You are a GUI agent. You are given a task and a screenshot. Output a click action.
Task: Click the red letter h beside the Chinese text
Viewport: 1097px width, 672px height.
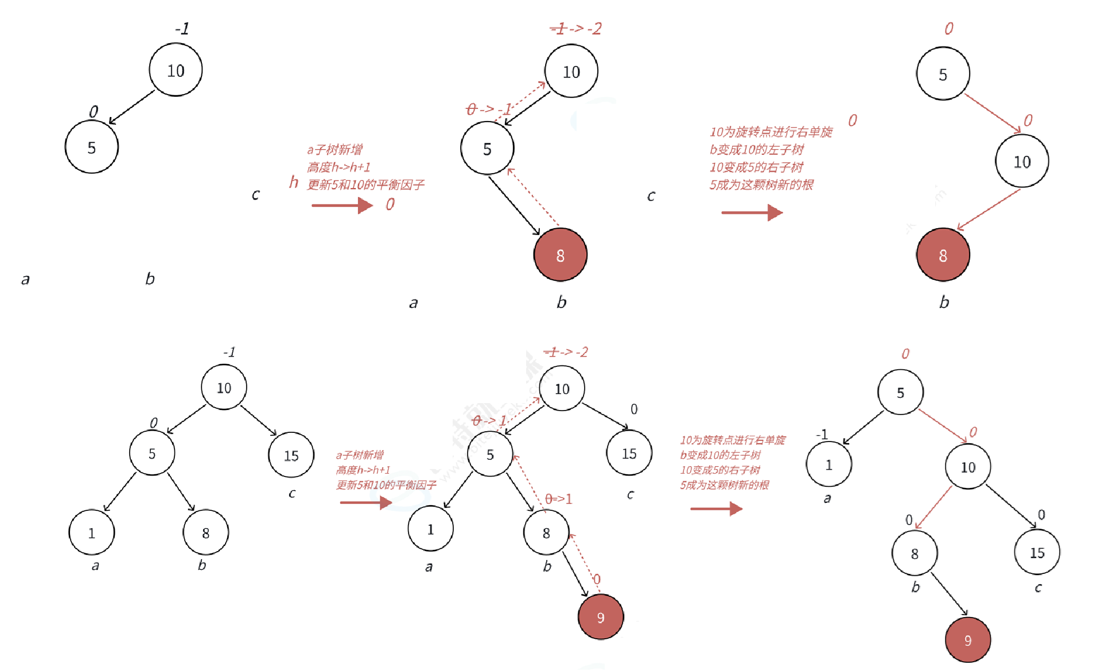(293, 182)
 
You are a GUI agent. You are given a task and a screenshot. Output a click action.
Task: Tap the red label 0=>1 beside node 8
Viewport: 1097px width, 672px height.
(558, 499)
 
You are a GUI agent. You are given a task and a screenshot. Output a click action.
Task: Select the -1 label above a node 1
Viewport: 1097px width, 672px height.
(822, 434)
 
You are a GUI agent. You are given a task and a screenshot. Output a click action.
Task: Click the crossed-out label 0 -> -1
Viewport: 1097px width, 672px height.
(488, 109)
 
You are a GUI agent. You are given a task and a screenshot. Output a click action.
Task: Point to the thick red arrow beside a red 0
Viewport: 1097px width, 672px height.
(342, 205)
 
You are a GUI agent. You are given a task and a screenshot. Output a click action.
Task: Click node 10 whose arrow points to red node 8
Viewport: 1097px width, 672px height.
(1022, 161)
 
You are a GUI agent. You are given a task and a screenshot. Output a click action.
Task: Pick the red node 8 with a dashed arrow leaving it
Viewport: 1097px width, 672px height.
(560, 255)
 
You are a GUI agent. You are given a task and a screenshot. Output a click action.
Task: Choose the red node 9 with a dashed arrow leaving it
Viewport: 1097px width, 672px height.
(600, 617)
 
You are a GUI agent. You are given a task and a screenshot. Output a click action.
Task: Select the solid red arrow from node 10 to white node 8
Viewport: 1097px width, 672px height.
(933, 507)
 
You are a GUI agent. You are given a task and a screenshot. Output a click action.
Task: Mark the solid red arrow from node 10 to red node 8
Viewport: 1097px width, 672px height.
(989, 209)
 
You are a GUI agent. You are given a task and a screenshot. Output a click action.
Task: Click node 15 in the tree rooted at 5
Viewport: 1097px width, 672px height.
(1037, 552)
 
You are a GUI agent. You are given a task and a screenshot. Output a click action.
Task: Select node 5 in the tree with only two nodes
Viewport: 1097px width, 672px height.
(92, 147)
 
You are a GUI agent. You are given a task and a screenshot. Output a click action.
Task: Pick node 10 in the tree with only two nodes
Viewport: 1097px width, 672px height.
(176, 71)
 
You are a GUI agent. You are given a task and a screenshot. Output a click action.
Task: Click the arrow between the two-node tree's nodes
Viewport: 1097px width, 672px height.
(132, 107)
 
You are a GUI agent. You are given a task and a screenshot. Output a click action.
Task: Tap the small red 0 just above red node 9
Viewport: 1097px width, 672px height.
(597, 579)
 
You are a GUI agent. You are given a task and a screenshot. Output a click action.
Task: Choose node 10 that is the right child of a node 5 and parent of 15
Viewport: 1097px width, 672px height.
(968, 467)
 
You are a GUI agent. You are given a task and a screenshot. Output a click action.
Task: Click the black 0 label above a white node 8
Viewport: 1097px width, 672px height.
(909, 519)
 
